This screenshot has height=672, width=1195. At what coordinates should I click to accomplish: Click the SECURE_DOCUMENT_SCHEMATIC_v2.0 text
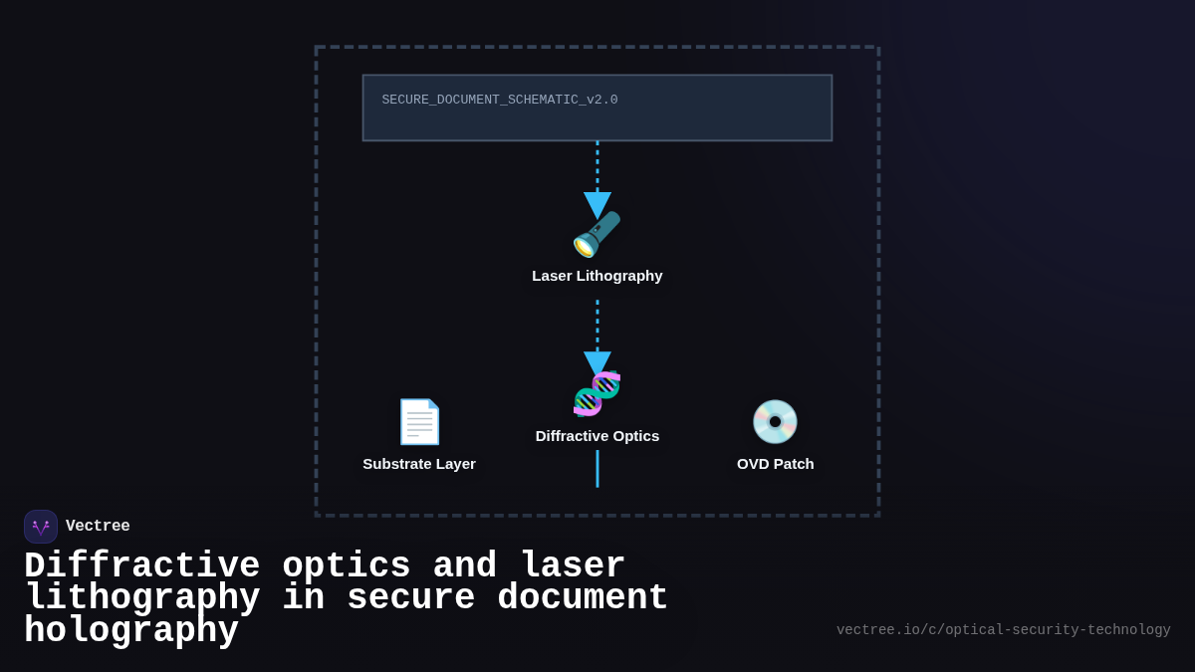499,101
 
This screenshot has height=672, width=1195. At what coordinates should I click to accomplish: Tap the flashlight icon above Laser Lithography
597,235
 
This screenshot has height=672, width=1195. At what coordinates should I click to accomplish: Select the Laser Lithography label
597,276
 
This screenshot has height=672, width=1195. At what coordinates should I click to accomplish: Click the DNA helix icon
597,393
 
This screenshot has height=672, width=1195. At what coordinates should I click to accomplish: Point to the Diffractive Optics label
597,436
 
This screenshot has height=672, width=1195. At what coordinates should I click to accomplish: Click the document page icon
419,421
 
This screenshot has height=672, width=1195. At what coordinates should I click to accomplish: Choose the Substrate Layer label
419,464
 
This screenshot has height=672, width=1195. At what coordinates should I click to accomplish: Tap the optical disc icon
775,421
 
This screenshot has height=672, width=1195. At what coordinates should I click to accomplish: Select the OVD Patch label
775,464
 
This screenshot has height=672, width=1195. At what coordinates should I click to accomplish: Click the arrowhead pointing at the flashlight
597,204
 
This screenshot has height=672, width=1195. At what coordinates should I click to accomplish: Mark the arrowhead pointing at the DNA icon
597,363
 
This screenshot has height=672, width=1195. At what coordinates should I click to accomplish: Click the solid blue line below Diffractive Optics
597,469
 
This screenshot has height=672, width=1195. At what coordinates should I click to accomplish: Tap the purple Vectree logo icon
41,527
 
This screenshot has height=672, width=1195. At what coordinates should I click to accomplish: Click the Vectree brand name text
98,527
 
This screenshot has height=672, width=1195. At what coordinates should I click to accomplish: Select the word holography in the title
131,631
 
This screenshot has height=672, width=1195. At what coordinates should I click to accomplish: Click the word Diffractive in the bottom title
141,566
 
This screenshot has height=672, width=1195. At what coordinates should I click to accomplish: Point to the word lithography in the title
141,598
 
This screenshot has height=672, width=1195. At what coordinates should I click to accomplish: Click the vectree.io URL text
1003,630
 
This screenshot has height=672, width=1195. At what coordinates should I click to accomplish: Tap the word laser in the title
573,566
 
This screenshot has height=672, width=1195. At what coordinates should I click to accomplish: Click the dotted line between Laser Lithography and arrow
597,324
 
